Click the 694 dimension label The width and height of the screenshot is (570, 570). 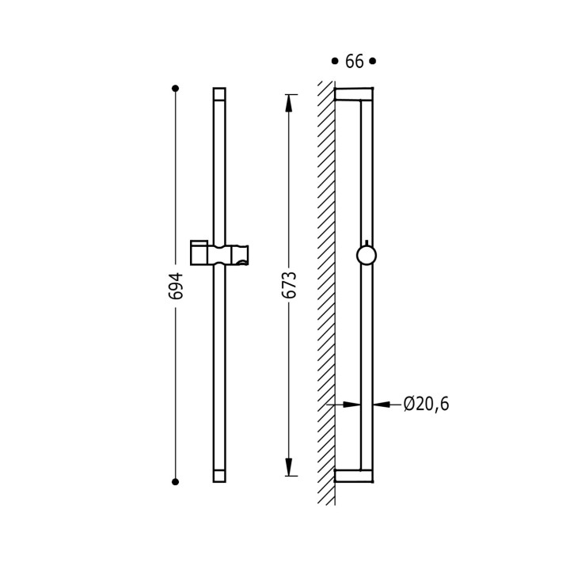(x=176, y=286)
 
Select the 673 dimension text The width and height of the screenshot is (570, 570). (x=290, y=285)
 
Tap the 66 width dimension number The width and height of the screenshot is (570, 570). (x=354, y=62)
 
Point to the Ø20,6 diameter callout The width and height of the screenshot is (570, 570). (x=426, y=404)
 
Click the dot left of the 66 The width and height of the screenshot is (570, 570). (x=334, y=61)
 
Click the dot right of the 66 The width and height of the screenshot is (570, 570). (x=372, y=61)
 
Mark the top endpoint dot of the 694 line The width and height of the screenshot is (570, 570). (x=175, y=89)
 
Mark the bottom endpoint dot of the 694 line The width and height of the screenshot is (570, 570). (x=175, y=482)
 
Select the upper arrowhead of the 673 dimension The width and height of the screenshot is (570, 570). (x=289, y=103)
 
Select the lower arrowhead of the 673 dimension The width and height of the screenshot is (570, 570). (x=289, y=467)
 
